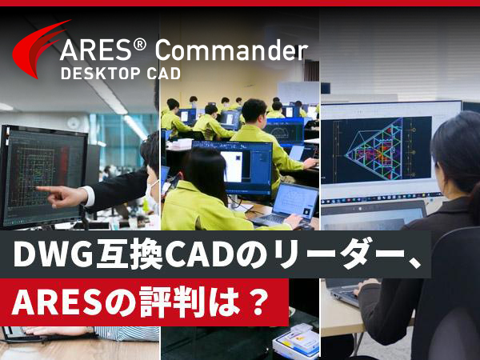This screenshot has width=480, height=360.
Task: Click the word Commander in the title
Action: (x=231, y=50)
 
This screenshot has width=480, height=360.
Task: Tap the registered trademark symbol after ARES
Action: (x=140, y=45)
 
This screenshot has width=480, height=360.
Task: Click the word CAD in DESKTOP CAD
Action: (x=164, y=74)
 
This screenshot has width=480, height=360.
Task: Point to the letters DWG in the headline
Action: (x=53, y=254)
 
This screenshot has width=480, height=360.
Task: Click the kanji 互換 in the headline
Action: (x=129, y=254)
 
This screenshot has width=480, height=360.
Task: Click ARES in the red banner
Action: (x=57, y=302)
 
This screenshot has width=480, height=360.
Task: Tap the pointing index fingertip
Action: (x=38, y=188)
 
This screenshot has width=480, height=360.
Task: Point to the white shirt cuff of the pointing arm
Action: (x=89, y=196)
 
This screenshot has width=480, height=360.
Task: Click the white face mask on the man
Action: (x=152, y=190)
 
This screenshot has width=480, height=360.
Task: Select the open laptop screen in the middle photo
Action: (x=294, y=200)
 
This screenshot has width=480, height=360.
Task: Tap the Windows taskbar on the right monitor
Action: (x=382, y=198)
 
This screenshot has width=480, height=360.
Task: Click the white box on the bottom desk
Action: (x=296, y=341)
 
